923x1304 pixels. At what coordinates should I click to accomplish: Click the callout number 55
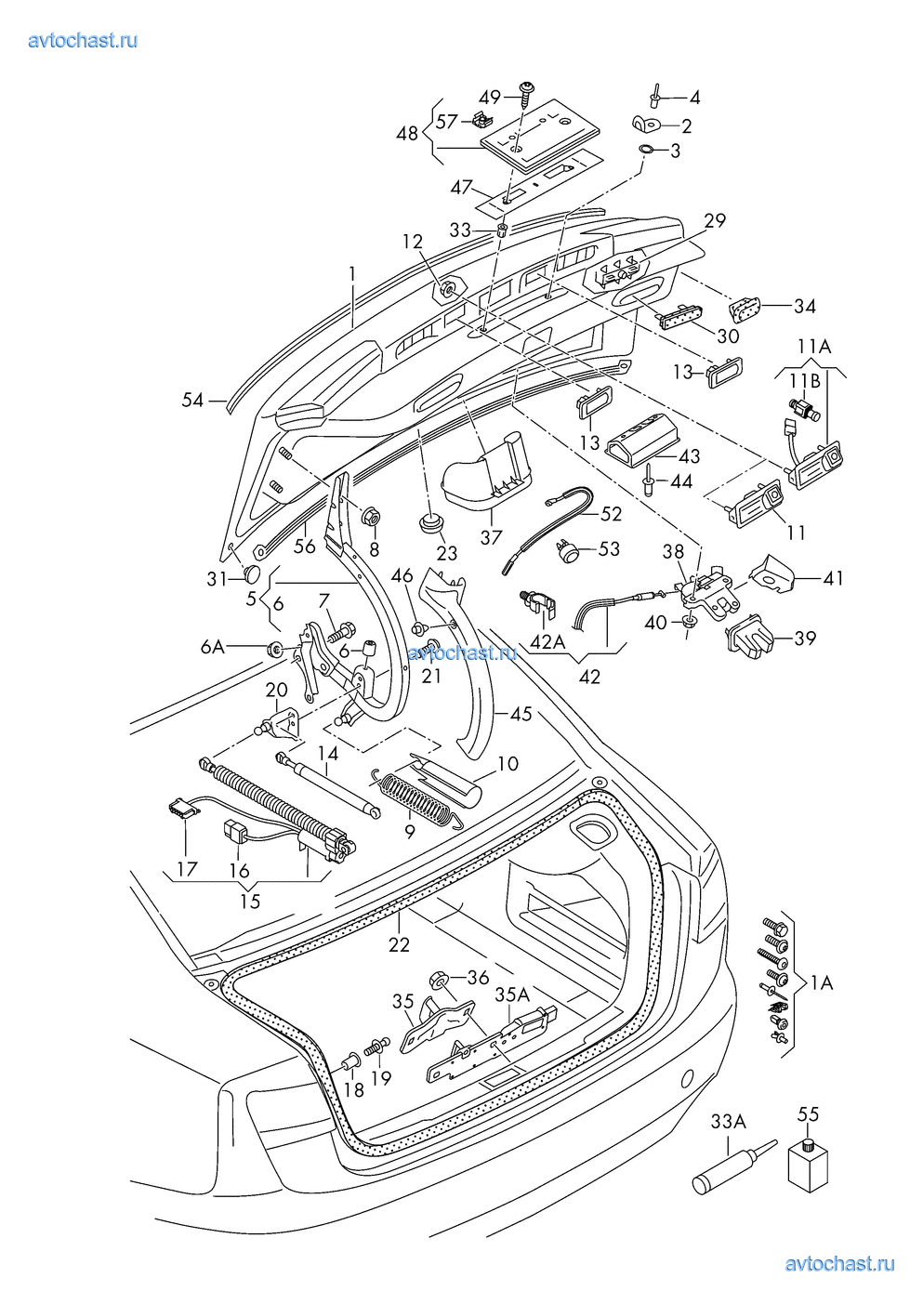coord(808,1113)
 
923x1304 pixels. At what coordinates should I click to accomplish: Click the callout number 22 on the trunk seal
coord(399,944)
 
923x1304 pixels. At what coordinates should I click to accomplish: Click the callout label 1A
coord(821,982)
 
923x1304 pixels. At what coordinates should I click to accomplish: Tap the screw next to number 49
coord(527,93)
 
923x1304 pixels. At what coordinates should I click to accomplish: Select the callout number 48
coord(407,133)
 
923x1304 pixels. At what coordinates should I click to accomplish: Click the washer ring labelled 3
coord(647,149)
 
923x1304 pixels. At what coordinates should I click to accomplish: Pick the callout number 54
coord(192,400)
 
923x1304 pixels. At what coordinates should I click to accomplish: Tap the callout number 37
coord(491,536)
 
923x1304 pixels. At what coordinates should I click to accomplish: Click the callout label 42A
coord(547,640)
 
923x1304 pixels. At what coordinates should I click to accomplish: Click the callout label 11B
coord(805,381)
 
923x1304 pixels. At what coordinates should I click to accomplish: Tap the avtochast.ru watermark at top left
coord(83,40)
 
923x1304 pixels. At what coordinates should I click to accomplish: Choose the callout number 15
coord(250,901)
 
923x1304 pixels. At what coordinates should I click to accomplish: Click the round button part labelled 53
coord(566,552)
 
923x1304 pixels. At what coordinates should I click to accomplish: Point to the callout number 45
coord(521,714)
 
